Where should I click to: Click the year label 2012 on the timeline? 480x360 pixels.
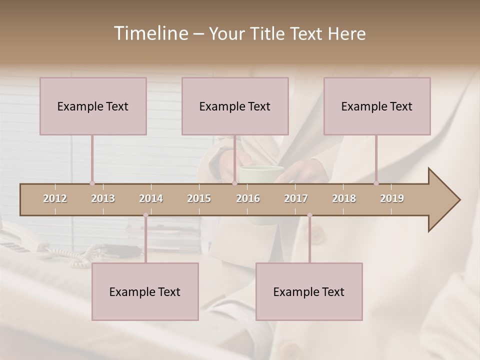coord(55,198)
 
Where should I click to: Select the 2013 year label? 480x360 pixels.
coord(103,198)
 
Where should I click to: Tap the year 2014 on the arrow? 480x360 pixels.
coord(151,198)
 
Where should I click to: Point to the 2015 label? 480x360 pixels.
coord(199,198)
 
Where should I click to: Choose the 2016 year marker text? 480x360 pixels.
coord(248,198)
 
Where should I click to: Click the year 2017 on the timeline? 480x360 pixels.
coord(296,198)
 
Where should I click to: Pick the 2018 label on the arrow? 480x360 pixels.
coord(344,198)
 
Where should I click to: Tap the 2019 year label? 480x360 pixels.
coord(392,198)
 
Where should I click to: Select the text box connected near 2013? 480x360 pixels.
coord(93,106)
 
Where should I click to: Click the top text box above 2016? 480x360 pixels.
coord(235,106)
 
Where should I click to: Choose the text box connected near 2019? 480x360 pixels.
coord(377,106)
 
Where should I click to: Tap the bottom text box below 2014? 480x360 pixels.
coord(145,291)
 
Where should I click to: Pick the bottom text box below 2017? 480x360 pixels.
coord(309,291)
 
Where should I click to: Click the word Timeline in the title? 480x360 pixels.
coord(149,33)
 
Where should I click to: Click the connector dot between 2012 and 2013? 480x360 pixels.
coord(92,183)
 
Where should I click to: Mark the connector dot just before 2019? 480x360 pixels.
coord(376,183)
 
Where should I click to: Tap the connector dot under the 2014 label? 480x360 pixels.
coord(145,215)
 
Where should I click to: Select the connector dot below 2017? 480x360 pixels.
coord(309,215)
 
